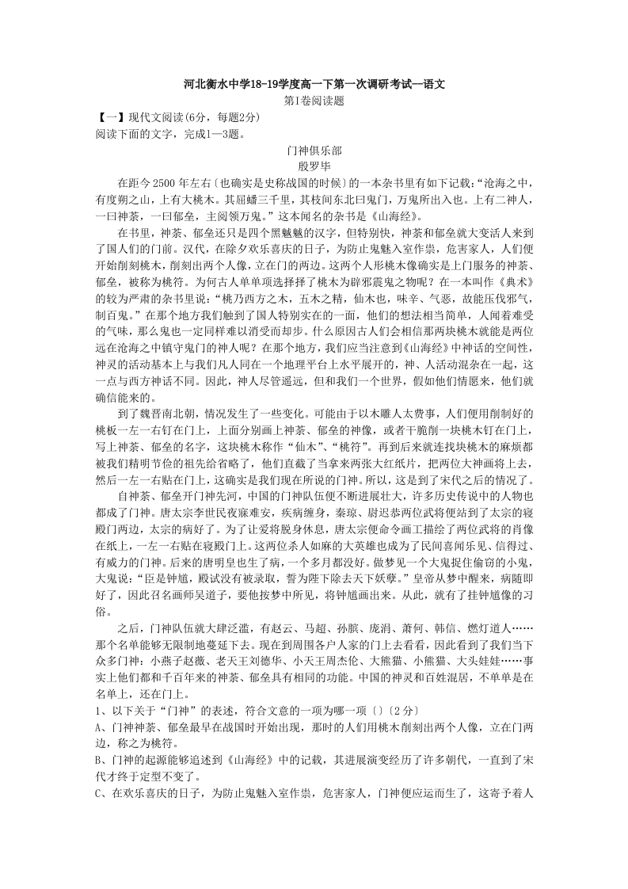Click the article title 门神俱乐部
[314, 150]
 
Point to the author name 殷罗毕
[314, 166]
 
